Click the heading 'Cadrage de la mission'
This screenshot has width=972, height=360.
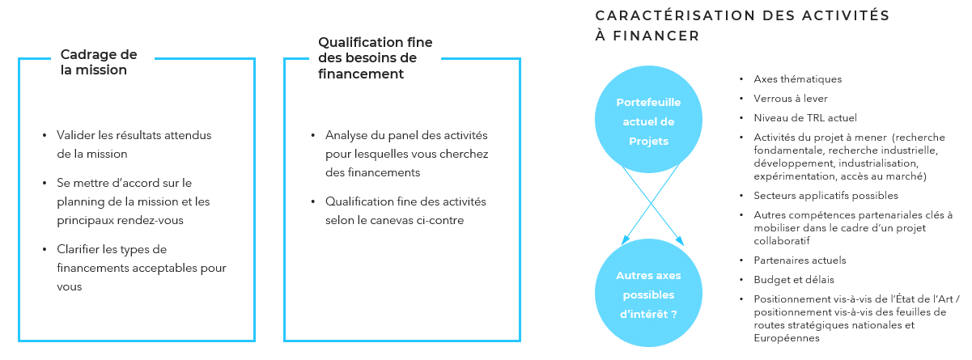click(x=99, y=62)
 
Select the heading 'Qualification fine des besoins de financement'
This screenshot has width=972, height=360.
click(x=376, y=58)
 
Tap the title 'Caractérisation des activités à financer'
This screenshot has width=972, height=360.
click(x=742, y=26)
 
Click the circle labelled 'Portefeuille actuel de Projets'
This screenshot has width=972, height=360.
click(x=648, y=119)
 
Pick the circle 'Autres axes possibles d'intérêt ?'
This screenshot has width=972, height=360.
click(x=648, y=293)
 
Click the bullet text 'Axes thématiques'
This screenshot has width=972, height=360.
click(x=797, y=79)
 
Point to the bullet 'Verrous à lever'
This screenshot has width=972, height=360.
click(x=791, y=99)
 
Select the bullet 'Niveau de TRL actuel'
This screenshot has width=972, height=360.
click(x=805, y=118)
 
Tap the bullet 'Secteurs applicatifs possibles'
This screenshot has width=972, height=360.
click(x=826, y=196)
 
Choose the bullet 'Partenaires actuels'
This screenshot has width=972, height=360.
click(x=800, y=260)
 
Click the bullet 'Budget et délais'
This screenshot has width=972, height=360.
click(x=794, y=280)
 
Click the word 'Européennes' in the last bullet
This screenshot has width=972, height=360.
click(x=787, y=338)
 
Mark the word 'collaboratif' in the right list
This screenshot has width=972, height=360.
click(x=782, y=241)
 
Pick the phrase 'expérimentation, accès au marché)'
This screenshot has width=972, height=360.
click(x=840, y=176)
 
